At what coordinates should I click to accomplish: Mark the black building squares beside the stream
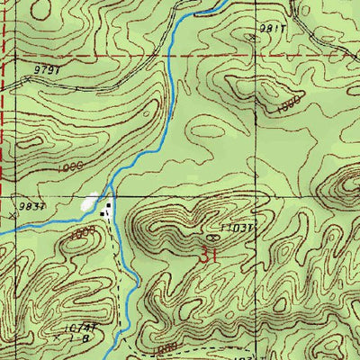pyautogui.click(x=109, y=211)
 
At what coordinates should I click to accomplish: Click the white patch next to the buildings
pyautogui.click(x=90, y=205)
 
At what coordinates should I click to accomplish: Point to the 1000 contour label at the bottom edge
pyautogui.click(x=163, y=348)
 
